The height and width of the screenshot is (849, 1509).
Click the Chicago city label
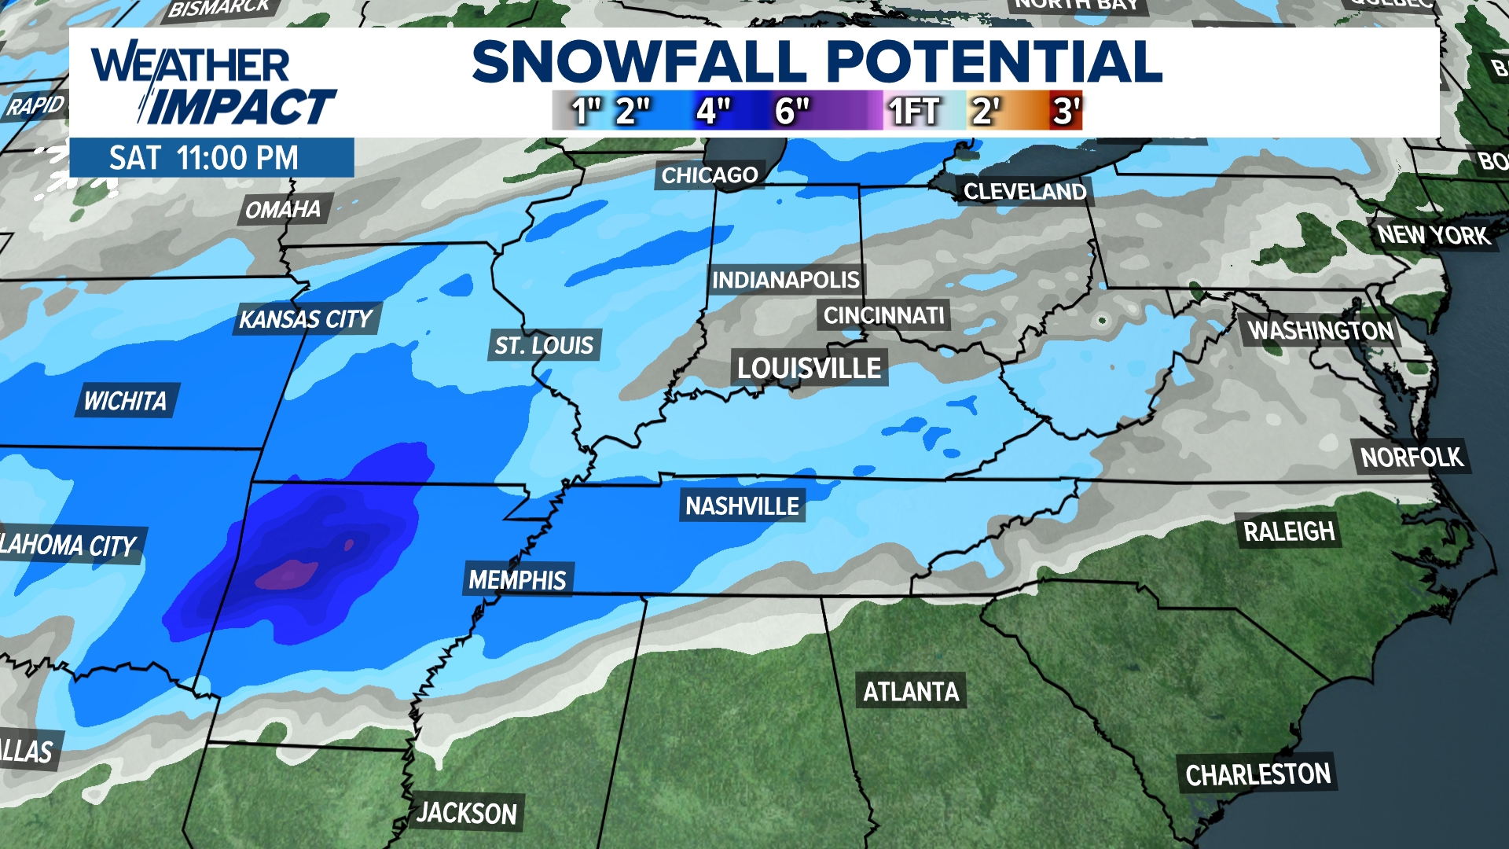(709, 175)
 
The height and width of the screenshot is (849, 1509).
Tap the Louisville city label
(809, 368)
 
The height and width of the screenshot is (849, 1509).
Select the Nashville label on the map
(742, 506)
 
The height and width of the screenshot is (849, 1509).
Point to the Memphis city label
(517, 580)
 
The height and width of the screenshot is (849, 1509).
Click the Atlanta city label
(911, 692)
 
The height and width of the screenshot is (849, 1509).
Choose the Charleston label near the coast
(1257, 775)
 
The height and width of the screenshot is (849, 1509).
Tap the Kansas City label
(306, 319)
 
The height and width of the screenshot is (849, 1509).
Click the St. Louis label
(544, 345)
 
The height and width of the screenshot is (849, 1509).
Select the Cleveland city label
(1025, 192)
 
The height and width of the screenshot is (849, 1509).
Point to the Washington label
(1321, 331)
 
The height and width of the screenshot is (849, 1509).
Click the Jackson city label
(467, 813)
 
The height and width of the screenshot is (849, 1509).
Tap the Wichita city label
(126, 401)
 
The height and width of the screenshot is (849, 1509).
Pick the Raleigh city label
(1289, 532)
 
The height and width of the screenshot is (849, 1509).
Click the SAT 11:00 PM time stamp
(204, 158)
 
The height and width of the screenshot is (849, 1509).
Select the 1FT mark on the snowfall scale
(913, 111)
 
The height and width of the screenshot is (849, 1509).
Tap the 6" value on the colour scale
(791, 111)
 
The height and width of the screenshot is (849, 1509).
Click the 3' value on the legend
(1067, 111)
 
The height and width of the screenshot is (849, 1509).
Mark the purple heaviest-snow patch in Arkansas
(287, 575)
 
